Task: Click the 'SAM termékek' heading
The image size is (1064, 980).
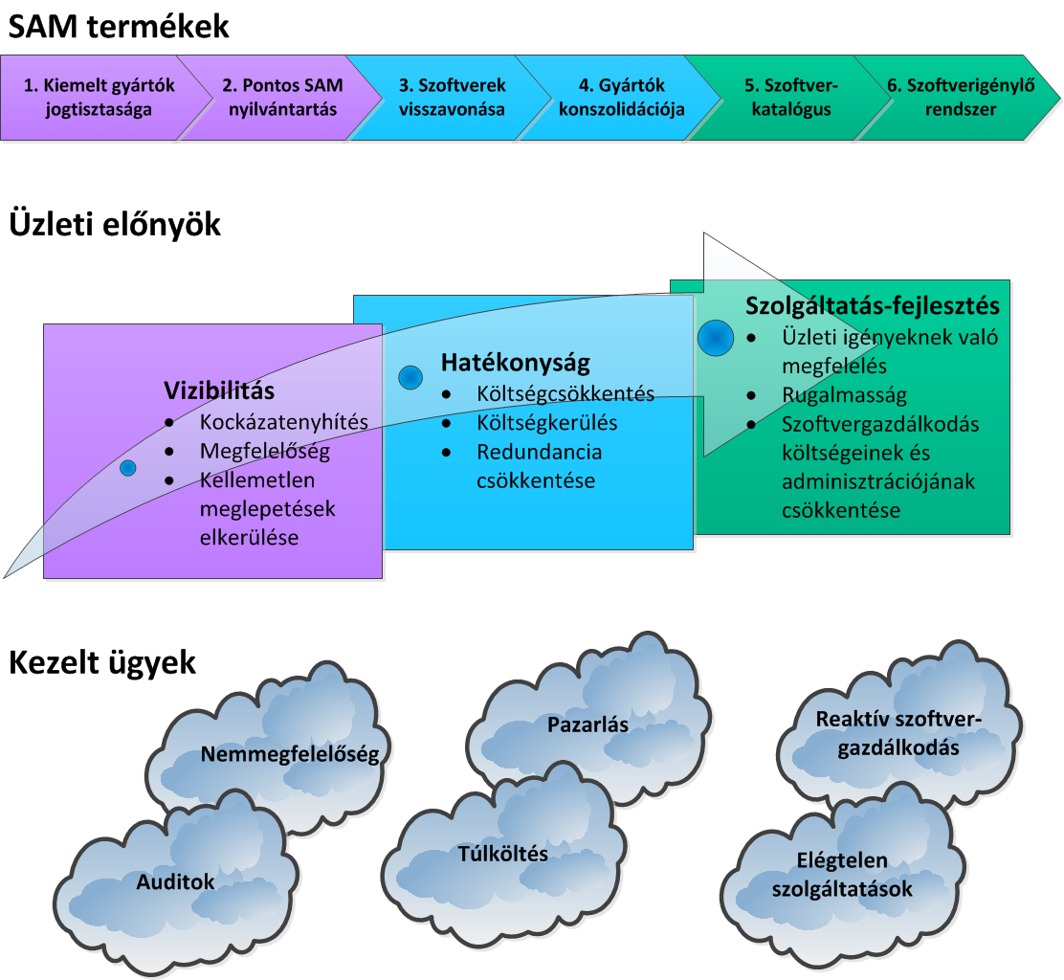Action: pyautogui.click(x=119, y=26)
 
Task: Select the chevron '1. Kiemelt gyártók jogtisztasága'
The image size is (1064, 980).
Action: pyautogui.click(x=100, y=97)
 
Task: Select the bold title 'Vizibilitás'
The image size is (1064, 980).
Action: pyautogui.click(x=219, y=390)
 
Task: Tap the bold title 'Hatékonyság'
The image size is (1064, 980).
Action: pyautogui.click(x=515, y=363)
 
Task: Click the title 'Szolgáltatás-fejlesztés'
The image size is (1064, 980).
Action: pyautogui.click(x=872, y=305)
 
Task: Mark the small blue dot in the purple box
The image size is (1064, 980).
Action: pyautogui.click(x=127, y=467)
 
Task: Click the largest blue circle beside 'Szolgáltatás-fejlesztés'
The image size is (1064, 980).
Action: pyautogui.click(x=715, y=338)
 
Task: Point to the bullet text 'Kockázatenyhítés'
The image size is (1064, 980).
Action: pyautogui.click(x=284, y=421)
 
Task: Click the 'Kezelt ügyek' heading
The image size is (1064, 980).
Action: pyautogui.click(x=102, y=662)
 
